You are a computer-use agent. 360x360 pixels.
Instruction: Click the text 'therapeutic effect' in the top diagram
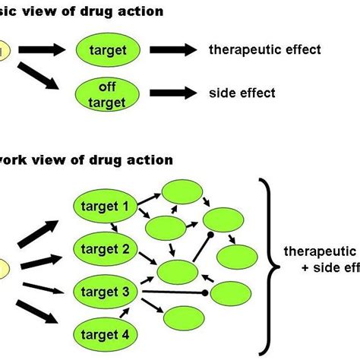tap(264, 51)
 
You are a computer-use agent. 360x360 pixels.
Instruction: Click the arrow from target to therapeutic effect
tap(174, 51)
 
